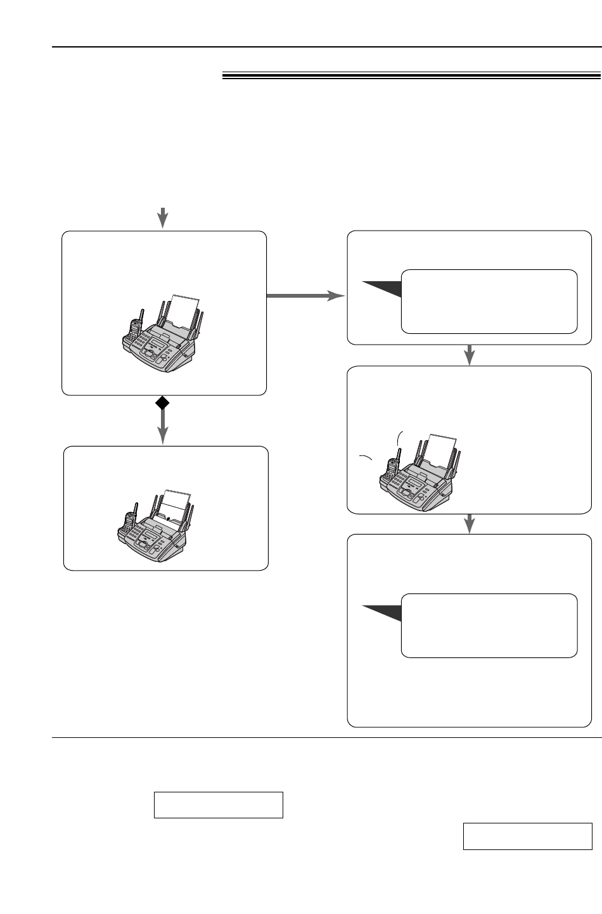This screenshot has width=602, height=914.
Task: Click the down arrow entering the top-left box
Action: [x=163, y=217]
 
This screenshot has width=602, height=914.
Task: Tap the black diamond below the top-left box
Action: [x=163, y=402]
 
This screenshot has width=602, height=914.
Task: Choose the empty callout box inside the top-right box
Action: [x=489, y=301]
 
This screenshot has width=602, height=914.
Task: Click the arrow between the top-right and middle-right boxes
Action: [x=470, y=355]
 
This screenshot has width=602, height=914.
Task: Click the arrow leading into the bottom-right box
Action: [x=470, y=523]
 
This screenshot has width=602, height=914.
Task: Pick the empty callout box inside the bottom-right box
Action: [x=489, y=625]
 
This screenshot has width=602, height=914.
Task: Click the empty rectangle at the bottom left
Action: [x=218, y=804]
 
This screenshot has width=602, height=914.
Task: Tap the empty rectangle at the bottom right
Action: [x=527, y=836]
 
